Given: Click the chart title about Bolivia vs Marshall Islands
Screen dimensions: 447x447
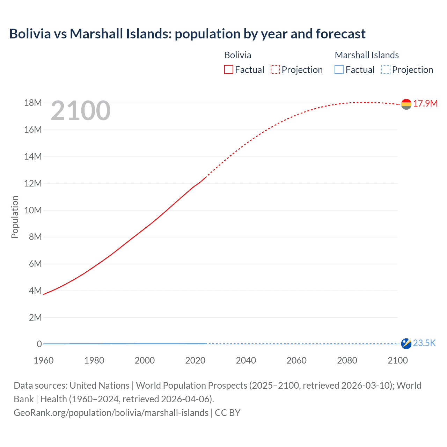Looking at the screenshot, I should click(x=187, y=34).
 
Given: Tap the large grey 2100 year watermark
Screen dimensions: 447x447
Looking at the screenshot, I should click(x=81, y=111).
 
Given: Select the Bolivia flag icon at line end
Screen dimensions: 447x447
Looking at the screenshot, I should click(x=406, y=104).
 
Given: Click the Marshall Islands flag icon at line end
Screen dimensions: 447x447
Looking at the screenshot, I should click(x=406, y=344).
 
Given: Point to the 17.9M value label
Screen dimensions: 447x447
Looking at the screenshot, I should click(x=425, y=103).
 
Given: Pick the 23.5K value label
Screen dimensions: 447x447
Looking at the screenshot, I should click(x=424, y=343).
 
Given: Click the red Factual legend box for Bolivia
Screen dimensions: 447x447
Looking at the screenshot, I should click(x=229, y=70).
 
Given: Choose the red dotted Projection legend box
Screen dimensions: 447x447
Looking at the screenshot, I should click(x=275, y=70).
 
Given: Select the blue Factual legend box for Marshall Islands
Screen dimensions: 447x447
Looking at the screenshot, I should click(x=339, y=70).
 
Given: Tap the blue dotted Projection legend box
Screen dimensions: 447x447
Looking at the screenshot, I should click(x=386, y=70).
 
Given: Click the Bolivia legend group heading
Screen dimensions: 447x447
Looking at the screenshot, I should click(x=237, y=55).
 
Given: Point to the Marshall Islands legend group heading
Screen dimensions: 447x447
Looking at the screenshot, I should click(x=367, y=55).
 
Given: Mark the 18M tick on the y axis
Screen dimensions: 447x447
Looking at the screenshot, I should click(x=33, y=103).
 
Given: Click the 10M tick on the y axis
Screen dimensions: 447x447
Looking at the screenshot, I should click(x=33, y=210).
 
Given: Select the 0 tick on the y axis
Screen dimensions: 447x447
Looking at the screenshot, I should click(x=39, y=344).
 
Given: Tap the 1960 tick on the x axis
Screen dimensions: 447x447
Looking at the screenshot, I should click(x=44, y=360).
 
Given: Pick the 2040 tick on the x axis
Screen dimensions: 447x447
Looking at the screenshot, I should click(x=246, y=360).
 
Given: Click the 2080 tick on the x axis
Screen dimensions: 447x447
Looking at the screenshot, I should click(x=347, y=360).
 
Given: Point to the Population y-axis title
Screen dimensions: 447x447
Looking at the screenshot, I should click(x=15, y=217).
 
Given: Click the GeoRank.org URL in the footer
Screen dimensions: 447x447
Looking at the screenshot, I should click(x=111, y=413).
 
